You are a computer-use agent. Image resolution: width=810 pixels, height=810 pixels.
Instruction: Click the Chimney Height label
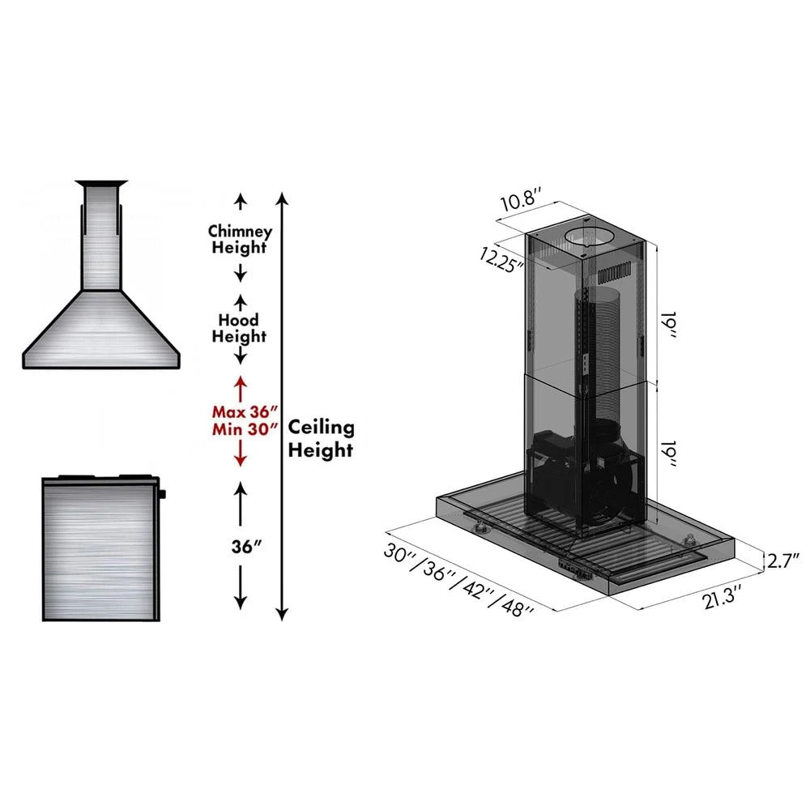[x=239, y=239]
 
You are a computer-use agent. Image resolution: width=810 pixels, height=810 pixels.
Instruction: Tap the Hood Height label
[x=239, y=327]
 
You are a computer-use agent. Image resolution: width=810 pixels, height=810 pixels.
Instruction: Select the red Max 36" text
[x=241, y=411]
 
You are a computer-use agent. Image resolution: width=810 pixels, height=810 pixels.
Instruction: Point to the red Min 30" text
[x=241, y=429]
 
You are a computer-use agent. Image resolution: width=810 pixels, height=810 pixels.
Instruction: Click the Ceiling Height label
[x=321, y=438]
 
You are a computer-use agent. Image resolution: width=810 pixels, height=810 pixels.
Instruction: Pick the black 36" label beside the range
[x=241, y=545]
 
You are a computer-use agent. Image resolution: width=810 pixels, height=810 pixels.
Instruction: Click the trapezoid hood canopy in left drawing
[x=100, y=328]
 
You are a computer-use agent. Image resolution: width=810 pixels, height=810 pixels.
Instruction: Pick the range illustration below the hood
[x=99, y=547]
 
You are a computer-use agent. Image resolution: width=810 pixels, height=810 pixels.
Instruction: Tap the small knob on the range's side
[x=162, y=494]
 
